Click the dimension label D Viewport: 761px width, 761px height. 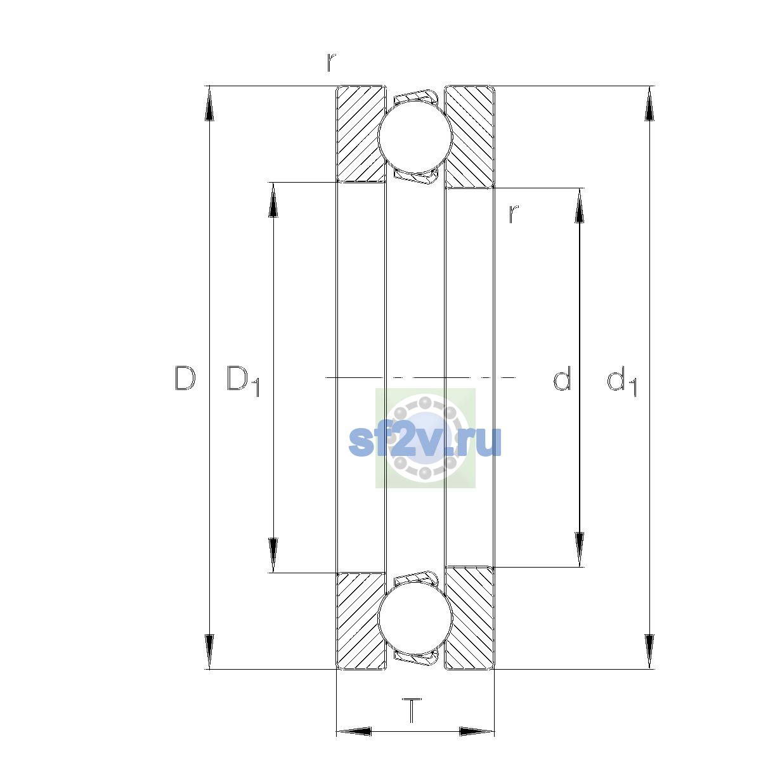tap(185, 379)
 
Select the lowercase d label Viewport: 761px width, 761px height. tap(562, 379)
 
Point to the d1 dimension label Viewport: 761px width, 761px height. tap(621, 380)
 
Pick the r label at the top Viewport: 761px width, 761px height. tap(331, 62)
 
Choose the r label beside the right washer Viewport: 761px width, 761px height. tap(514, 214)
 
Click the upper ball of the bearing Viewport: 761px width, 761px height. tap(415, 136)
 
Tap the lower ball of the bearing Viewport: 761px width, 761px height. tap(415, 619)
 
